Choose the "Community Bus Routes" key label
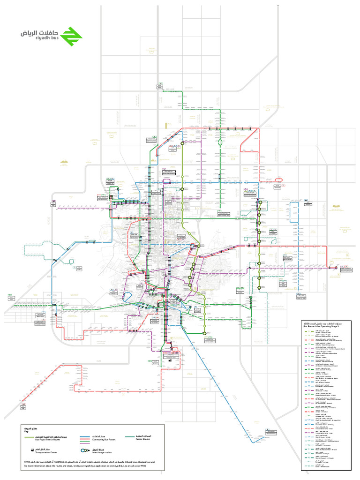(x=97, y=440)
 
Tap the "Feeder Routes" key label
(x=140, y=440)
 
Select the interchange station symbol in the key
(x=84, y=450)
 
